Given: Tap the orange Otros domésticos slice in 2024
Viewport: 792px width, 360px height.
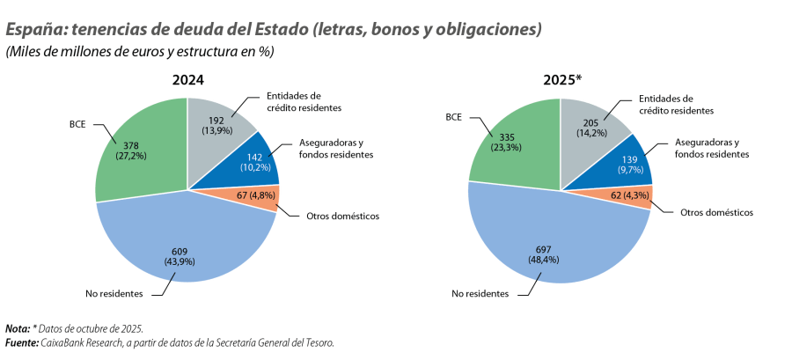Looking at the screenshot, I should pos(252,195).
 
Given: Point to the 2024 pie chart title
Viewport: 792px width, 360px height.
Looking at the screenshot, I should pos(187,80).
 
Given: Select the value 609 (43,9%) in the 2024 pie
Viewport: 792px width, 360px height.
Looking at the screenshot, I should pos(180,255).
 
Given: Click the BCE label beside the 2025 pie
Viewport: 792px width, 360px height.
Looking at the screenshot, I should pos(454,116).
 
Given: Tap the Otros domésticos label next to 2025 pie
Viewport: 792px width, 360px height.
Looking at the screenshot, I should pos(717,213).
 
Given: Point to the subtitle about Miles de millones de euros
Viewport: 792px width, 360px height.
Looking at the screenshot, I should pos(139,52).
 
